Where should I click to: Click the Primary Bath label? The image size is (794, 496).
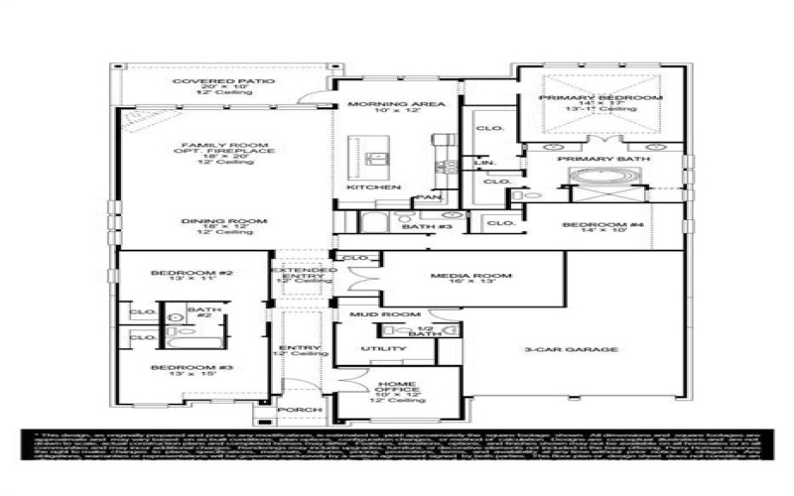click(x=603, y=159)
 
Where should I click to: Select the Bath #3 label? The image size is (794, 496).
click(x=427, y=227)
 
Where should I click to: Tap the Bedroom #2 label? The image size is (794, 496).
click(x=178, y=273)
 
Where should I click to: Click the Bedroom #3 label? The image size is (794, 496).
click(x=178, y=368)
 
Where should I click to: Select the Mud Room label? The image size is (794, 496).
click(x=373, y=314)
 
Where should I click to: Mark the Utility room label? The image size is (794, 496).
click(x=382, y=349)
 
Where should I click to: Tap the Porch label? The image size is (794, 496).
click(x=300, y=410)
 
